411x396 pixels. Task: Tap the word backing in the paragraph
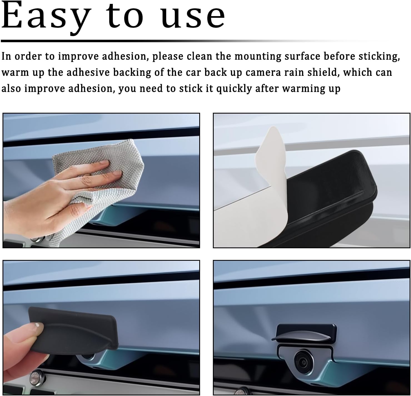click(132, 73)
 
